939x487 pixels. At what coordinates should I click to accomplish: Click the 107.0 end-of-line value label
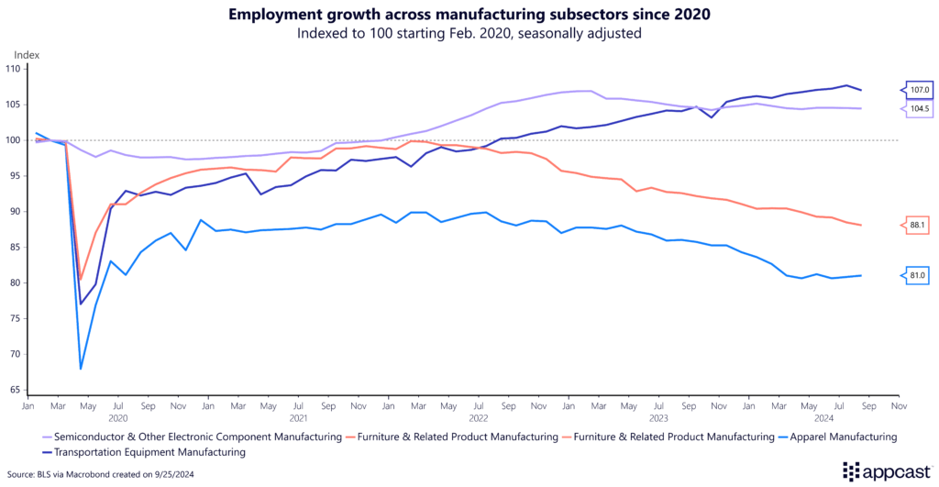point(919,90)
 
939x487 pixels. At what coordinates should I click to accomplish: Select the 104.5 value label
point(919,108)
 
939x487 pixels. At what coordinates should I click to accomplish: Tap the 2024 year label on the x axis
point(839,417)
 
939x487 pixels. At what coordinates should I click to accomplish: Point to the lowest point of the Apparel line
point(81,369)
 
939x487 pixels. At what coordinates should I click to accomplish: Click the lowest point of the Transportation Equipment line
point(81,304)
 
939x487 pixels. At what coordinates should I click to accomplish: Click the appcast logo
point(882,471)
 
